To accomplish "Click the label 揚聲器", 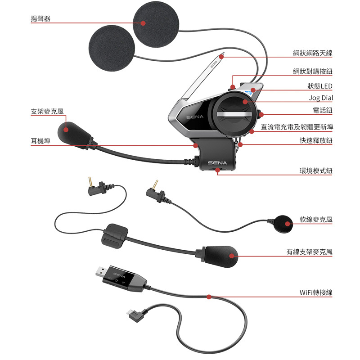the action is pos(40,19).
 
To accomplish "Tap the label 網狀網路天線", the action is pos(312,54).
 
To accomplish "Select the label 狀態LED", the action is pos(319,86).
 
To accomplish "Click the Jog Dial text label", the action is pos(321,98).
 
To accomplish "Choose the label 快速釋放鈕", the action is pos(316,140).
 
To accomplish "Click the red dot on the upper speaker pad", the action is pos(143,23).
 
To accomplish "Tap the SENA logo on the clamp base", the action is pos(217,162).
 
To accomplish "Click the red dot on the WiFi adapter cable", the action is pos(209,297).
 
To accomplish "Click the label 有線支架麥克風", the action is pos(310,252).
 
